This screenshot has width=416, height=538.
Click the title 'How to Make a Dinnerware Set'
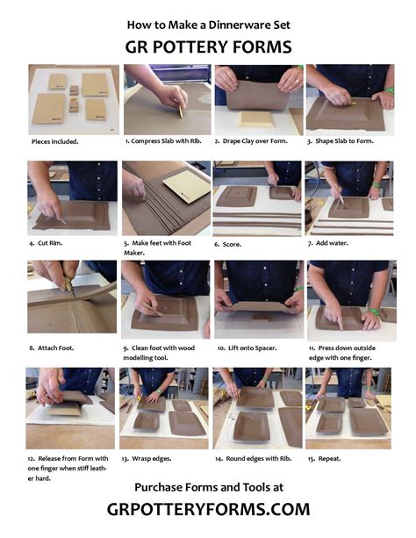click(x=208, y=25)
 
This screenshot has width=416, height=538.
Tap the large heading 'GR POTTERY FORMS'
click(x=208, y=47)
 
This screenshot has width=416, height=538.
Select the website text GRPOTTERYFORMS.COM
click(x=208, y=509)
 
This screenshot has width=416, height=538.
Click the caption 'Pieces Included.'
click(x=55, y=141)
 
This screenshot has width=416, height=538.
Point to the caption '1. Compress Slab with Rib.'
click(x=163, y=140)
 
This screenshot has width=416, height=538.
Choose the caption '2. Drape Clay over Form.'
click(x=251, y=140)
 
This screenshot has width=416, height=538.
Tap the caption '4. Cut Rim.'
click(x=46, y=243)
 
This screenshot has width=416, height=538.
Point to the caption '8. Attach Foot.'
click(x=52, y=348)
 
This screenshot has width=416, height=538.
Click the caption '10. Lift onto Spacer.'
click(x=247, y=348)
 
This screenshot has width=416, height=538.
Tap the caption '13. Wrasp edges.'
click(x=147, y=458)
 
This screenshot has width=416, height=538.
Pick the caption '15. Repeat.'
click(x=324, y=458)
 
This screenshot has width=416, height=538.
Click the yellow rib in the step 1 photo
click(x=181, y=111)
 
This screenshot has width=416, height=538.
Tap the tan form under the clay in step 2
click(x=256, y=118)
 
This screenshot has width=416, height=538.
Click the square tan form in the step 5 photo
click(x=187, y=186)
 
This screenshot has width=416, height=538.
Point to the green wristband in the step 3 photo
click(x=389, y=90)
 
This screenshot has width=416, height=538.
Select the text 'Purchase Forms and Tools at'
click(x=209, y=487)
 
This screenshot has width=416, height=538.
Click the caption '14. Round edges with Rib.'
click(x=254, y=458)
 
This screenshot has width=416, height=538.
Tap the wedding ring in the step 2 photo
click(x=297, y=82)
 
